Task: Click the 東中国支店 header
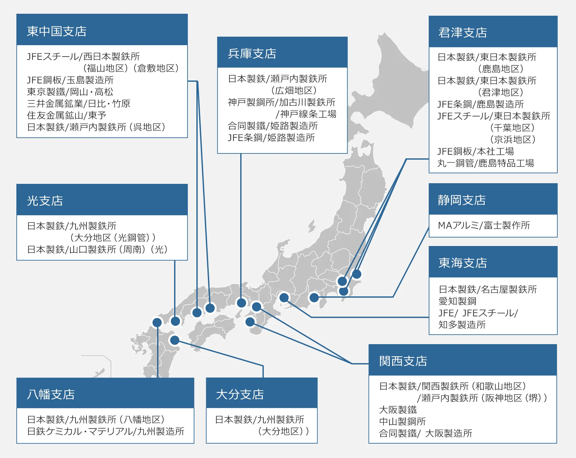(57, 31)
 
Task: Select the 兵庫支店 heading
(252, 54)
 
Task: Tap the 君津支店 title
(462, 33)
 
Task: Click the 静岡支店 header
(462, 200)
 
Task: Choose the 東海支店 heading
(463, 263)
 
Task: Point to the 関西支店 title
(403, 361)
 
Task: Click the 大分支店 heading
(240, 395)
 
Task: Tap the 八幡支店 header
(51, 395)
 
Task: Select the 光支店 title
(45, 201)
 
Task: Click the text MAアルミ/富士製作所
(484, 225)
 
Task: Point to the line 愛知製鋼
(457, 301)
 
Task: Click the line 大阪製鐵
(398, 410)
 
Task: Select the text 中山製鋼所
(402, 422)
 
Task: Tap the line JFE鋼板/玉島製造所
(70, 80)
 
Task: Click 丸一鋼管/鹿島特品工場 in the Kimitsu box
(486, 163)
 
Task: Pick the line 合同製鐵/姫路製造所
(273, 126)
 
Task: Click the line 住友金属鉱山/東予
(66, 115)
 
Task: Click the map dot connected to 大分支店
(175, 340)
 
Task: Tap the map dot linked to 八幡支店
(157, 323)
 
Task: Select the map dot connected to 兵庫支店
(242, 303)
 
